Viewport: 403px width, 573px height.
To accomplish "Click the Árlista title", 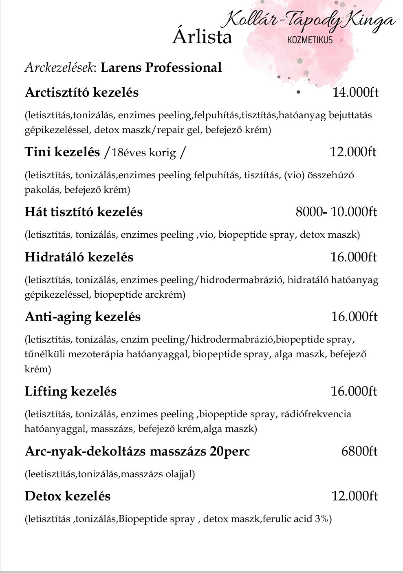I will [x=202, y=37].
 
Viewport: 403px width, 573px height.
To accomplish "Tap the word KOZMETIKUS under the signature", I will [x=310, y=40].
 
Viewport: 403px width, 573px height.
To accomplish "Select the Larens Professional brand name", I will [x=161, y=67].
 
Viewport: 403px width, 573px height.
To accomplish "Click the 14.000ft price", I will [x=355, y=93].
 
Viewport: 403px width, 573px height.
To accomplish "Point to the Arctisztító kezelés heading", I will [x=81, y=93].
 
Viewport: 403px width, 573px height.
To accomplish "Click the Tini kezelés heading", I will [x=62, y=152].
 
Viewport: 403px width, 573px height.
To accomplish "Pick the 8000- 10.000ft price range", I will [x=336, y=212].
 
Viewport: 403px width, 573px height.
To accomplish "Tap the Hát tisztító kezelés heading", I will [x=84, y=212].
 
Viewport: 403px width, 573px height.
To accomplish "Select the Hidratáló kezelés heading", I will [x=79, y=257].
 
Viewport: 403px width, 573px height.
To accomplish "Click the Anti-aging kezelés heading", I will [x=83, y=317].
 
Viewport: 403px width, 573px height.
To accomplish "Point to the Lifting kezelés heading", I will [x=70, y=392].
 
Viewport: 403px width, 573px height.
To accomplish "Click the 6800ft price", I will [x=359, y=451].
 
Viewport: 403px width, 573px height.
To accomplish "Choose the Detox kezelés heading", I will [x=68, y=496].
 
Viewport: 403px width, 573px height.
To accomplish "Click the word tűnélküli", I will [x=44, y=354].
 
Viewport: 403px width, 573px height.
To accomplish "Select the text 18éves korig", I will [x=144, y=153].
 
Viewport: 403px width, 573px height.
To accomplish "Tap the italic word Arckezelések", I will [x=60, y=68].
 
